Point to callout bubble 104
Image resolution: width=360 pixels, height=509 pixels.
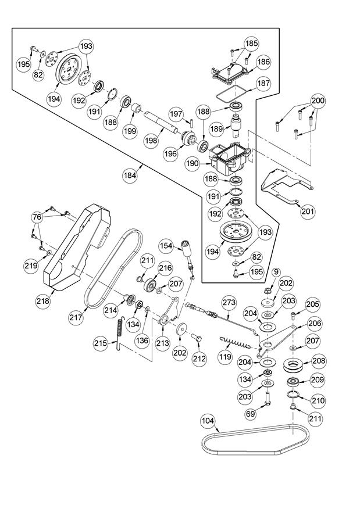click(x=208, y=420)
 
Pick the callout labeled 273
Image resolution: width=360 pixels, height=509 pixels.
click(x=229, y=302)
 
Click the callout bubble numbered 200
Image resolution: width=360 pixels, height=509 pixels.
click(x=318, y=100)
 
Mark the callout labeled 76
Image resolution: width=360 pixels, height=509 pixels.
click(x=38, y=217)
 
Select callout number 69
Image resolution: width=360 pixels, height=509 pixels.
click(x=251, y=414)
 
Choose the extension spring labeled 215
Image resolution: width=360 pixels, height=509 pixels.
click(x=120, y=334)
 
